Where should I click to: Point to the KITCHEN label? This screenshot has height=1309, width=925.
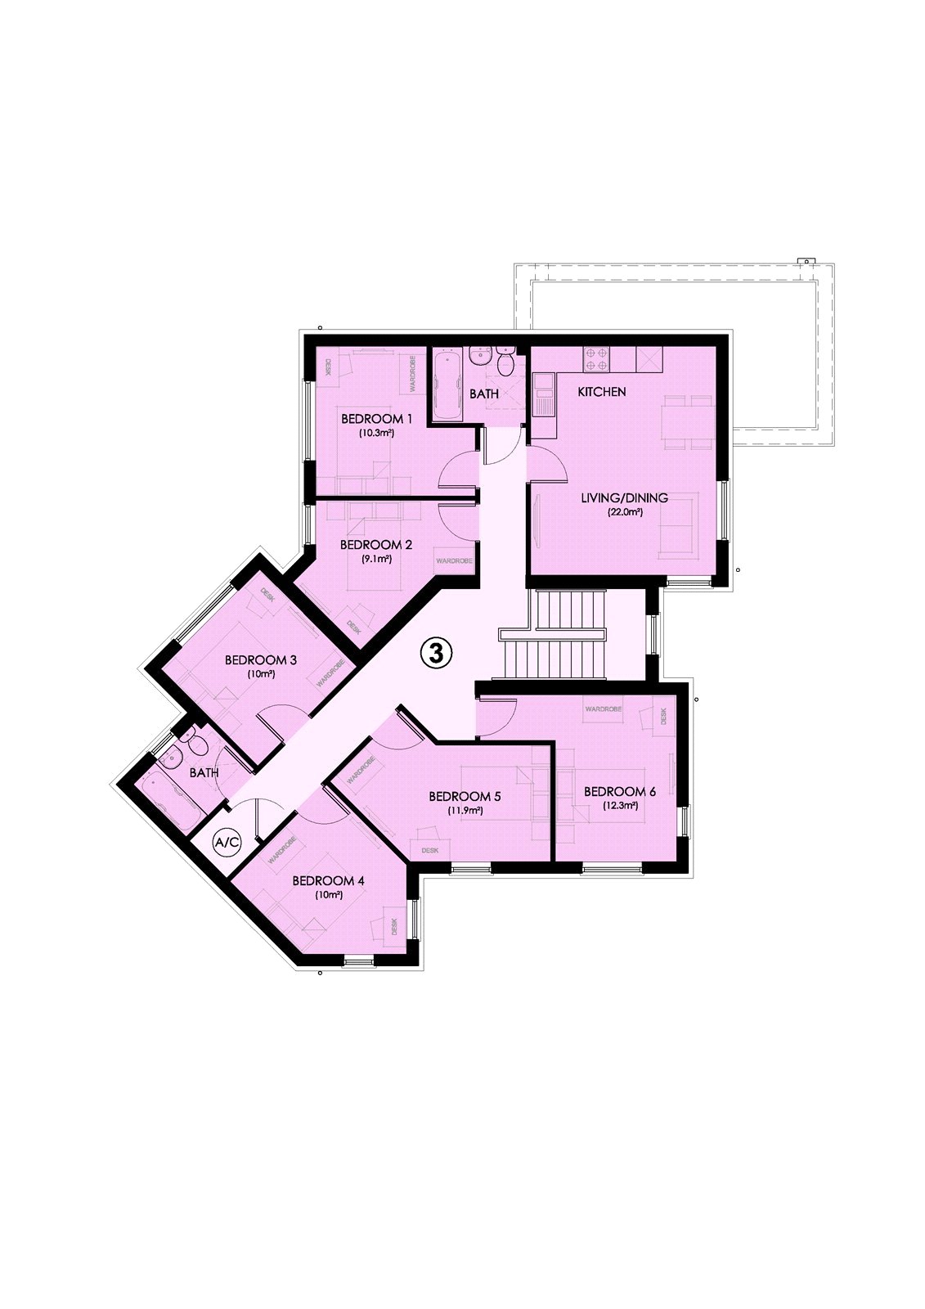tap(601, 392)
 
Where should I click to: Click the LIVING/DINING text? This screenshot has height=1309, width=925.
tap(624, 498)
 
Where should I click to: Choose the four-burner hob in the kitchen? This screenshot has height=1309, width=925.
tap(595, 359)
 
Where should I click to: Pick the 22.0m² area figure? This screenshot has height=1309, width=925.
tap(624, 513)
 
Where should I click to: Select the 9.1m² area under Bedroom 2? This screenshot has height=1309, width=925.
tap(376, 559)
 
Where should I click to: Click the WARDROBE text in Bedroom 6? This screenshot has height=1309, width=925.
tap(603, 708)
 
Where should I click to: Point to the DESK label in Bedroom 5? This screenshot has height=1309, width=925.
tap(430, 850)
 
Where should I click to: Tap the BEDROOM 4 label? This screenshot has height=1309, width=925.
tap(329, 880)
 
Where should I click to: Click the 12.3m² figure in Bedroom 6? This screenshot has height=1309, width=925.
tap(620, 806)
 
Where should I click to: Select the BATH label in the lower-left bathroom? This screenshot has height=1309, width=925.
tap(204, 772)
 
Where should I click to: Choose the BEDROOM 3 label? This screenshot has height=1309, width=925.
tap(261, 659)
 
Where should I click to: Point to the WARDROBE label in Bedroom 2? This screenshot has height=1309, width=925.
tap(454, 560)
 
